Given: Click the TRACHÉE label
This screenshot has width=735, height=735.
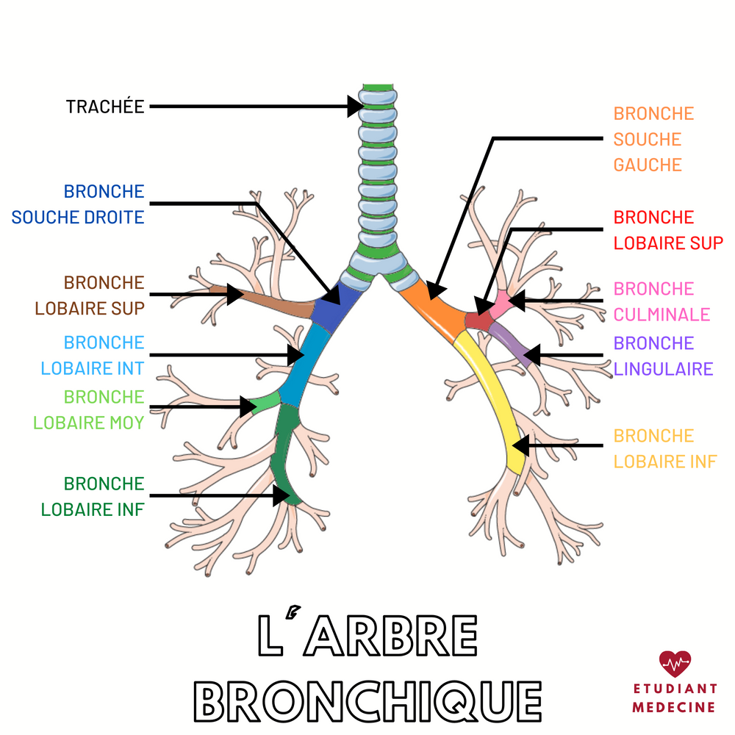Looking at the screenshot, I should click(x=104, y=107).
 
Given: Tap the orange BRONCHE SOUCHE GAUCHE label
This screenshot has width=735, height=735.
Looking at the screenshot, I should click(x=653, y=139).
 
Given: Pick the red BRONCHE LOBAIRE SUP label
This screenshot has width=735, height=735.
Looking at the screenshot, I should click(x=668, y=230).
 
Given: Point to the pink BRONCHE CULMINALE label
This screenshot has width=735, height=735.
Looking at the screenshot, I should click(x=661, y=301).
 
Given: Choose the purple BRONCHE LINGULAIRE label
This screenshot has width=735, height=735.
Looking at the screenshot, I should click(x=663, y=356).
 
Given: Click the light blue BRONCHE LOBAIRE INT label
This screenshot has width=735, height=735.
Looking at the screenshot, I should click(x=93, y=356).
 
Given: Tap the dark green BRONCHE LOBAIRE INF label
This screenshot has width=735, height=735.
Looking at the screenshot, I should click(x=93, y=497).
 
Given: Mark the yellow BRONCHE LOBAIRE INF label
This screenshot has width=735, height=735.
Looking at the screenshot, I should click(x=664, y=448).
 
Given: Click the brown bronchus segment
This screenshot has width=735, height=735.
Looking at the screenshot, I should click(x=272, y=303).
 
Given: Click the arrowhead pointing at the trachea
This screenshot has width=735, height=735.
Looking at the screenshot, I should click(x=356, y=106).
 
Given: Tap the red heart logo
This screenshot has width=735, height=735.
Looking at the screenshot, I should click(x=675, y=664).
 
